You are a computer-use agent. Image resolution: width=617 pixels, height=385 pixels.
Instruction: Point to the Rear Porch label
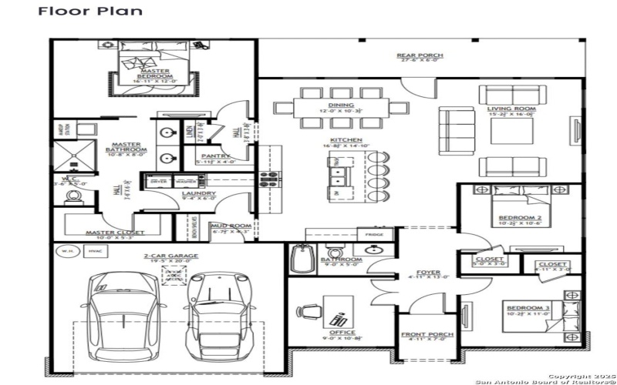click(x=420, y=55)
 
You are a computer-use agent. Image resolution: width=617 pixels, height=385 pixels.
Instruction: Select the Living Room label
click(x=511, y=109)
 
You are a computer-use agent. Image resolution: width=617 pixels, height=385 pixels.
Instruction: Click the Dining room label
click(x=341, y=105)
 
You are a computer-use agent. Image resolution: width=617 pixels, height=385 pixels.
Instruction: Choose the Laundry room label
click(x=198, y=193)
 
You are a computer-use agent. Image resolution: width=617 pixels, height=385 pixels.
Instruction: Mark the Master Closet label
click(x=111, y=233)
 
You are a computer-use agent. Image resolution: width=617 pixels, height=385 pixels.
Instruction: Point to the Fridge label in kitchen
click(x=374, y=234)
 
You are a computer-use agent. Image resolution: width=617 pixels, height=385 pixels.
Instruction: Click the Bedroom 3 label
click(x=528, y=308)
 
